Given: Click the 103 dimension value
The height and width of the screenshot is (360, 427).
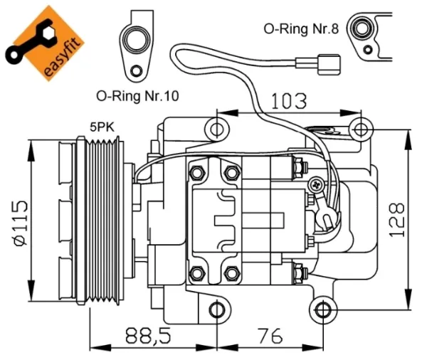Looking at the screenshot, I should pyautogui.click(x=288, y=100).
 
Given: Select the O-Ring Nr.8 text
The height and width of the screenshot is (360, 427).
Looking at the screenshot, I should pyautogui.click(x=298, y=28).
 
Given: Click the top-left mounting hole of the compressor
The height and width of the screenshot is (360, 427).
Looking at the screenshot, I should pyautogui.click(x=216, y=129).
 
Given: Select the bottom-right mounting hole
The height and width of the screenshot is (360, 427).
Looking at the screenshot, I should pyautogui.click(x=324, y=309).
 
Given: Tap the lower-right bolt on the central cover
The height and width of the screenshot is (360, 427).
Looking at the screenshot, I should pyautogui.click(x=231, y=273).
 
